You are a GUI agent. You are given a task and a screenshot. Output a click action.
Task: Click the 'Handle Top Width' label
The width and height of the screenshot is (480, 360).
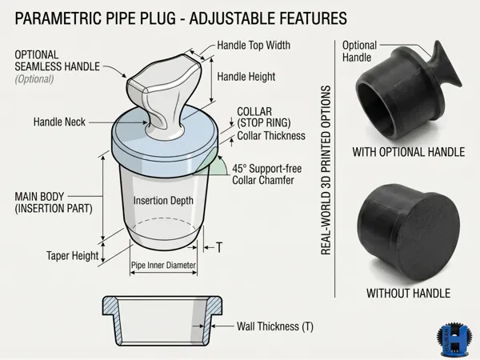254,46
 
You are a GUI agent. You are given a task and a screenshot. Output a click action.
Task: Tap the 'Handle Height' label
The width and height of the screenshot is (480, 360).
246,77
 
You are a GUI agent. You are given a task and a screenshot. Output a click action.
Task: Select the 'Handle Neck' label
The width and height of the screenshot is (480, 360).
59,122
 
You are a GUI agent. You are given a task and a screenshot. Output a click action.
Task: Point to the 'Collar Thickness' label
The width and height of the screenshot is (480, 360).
271,136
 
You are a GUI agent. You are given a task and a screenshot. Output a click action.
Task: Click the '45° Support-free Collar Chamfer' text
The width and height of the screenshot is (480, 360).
267,174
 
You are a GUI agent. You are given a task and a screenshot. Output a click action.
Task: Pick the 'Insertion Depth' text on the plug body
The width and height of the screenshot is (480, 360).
163,201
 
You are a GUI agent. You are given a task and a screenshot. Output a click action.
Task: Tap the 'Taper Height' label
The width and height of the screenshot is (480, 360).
73,256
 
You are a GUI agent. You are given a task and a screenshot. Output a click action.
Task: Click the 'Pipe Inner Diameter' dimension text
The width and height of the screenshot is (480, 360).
163,265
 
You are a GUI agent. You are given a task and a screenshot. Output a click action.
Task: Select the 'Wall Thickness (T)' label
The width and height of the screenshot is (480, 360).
275,326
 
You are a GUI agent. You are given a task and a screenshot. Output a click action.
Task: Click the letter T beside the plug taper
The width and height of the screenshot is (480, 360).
219,247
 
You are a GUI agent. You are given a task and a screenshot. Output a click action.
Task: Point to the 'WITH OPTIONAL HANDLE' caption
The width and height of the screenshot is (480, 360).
409,152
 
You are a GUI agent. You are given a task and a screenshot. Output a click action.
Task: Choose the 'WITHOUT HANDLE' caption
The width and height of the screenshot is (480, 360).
408,294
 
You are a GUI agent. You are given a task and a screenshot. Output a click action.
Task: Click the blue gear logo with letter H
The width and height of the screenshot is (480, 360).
454,341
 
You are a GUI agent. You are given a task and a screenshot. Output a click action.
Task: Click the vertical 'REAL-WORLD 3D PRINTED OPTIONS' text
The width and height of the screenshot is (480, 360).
326,170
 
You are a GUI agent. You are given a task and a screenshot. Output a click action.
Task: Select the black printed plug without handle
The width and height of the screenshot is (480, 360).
408,232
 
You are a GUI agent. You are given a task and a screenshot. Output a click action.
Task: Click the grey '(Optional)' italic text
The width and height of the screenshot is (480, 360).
34,79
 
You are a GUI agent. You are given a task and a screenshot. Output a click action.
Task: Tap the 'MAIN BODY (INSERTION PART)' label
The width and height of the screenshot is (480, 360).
54,202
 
